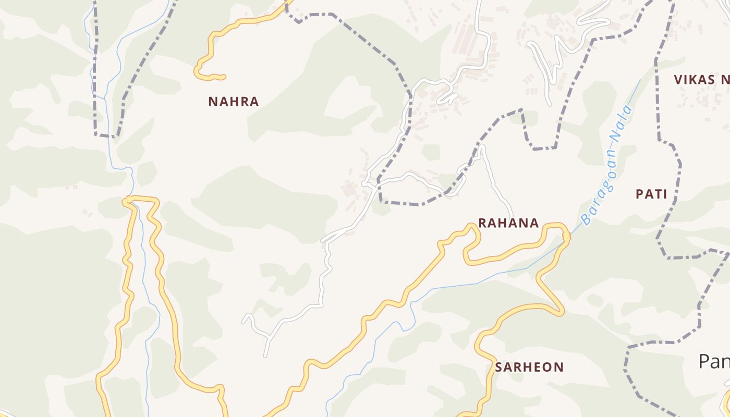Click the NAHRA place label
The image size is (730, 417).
point(234,102)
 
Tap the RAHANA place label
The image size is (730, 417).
point(508,223)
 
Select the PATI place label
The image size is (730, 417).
point(651,194)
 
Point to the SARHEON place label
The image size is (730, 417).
point(529,367)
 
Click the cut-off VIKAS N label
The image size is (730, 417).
point(701,80)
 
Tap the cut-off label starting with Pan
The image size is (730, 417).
point(714,361)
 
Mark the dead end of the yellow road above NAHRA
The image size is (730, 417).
point(224,77)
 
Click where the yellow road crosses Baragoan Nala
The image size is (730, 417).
point(566,238)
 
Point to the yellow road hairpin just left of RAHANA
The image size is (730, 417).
point(472,226)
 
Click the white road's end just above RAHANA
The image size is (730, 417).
point(511,216)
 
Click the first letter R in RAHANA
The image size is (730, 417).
point(482,223)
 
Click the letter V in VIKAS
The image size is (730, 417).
point(678,80)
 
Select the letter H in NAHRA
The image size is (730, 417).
point(234,102)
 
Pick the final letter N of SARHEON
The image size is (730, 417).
point(559,367)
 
